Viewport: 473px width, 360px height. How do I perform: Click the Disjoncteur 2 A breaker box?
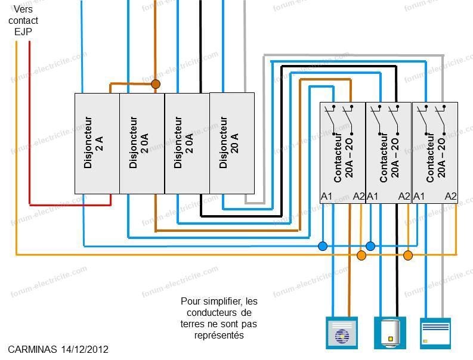point(97,143)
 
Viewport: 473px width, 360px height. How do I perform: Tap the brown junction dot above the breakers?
point(156,84)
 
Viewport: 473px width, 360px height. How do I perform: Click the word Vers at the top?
point(23,10)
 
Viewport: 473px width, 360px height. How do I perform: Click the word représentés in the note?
point(219,336)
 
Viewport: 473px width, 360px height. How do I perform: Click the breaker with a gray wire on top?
point(231,143)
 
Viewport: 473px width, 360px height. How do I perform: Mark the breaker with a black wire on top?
point(187,143)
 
